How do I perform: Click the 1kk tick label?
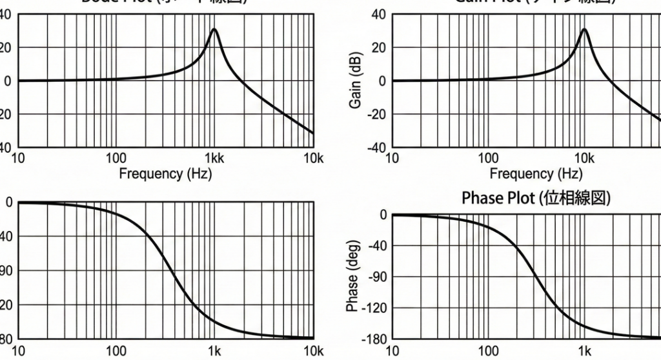pos(214,159)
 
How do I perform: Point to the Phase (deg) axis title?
pos(352,276)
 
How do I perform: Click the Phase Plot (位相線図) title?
pos(536,197)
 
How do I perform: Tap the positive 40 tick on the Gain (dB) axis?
pos(378,14)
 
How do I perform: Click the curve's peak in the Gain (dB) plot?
pos(584,29)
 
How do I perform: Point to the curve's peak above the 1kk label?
pos(214,29)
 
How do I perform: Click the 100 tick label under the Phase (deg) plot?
pos(488,351)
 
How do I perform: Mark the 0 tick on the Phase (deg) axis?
pos(382,214)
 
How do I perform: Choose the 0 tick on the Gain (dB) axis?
pos(382,81)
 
